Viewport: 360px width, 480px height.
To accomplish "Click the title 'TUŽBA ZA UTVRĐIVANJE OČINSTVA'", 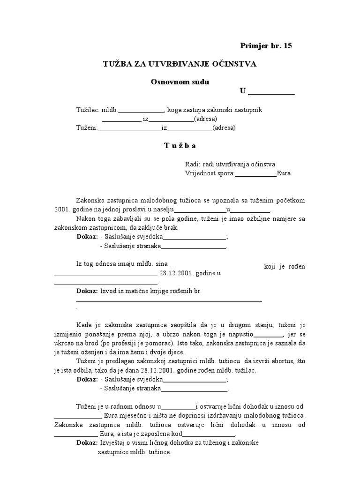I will click(x=180, y=64).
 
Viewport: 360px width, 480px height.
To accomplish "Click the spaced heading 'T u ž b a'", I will click(x=180, y=145).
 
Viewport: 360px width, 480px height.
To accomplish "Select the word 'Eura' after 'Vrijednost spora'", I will click(x=284, y=173).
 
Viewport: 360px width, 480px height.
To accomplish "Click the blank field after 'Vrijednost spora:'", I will click(x=255, y=173).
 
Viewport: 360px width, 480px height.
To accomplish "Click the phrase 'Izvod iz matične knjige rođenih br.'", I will click(x=150, y=291).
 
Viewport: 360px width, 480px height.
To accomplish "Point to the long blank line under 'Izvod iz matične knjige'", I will click(x=169, y=300).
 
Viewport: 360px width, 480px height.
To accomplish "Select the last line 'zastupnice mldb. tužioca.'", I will click(x=135, y=452).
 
